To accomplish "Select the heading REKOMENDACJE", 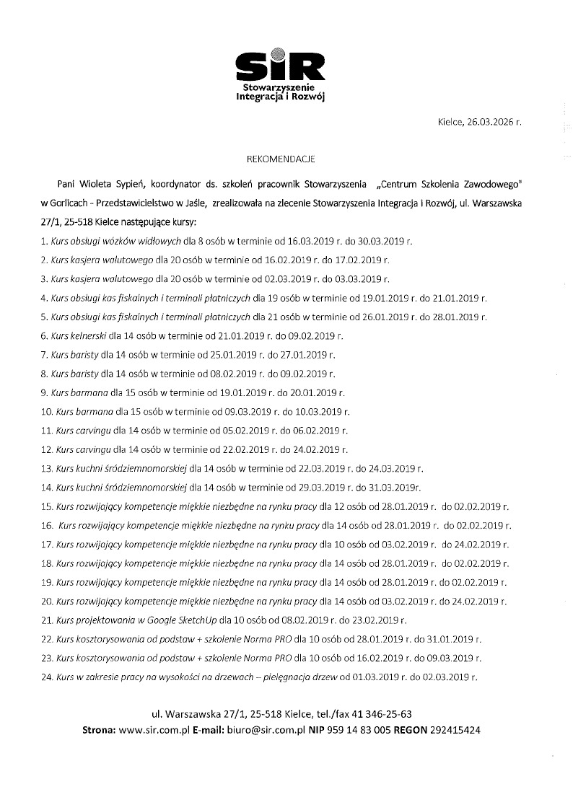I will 286,156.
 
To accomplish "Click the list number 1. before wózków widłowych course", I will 45,241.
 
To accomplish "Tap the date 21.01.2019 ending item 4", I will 455,297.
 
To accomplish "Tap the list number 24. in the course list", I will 47,676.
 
